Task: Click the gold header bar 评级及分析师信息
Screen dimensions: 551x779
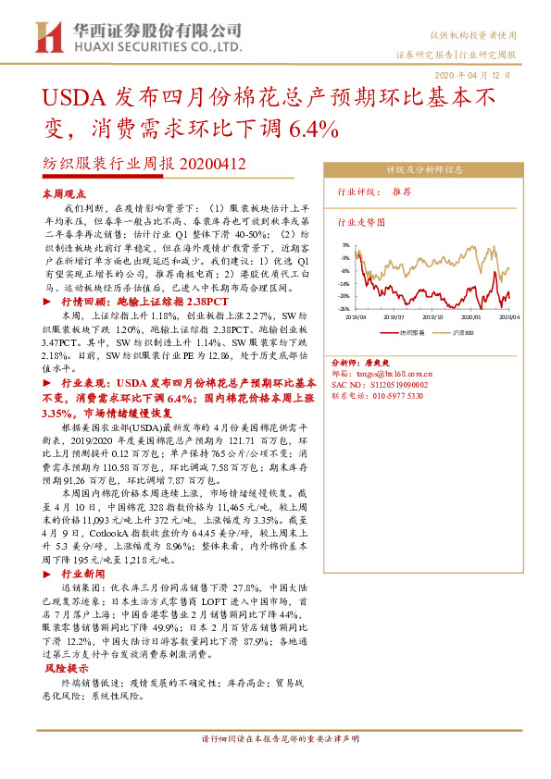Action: tap(425, 170)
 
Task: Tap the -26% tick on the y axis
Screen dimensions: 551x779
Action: tap(344, 309)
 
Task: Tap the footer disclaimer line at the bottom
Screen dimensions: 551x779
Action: tap(280, 740)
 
